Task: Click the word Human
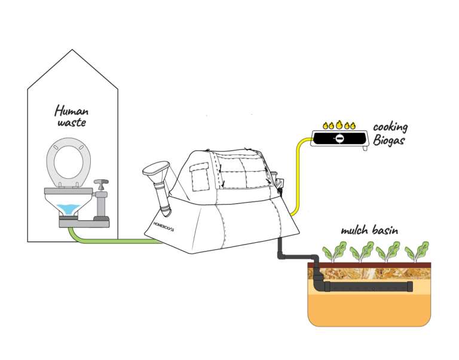[72, 111]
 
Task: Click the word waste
[72, 123]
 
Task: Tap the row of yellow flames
[339, 126]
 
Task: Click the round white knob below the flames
[339, 139]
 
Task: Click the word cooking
[390, 127]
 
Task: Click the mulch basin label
[370, 231]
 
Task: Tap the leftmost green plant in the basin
[334, 251]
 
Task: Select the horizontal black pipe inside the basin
[371, 286]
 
